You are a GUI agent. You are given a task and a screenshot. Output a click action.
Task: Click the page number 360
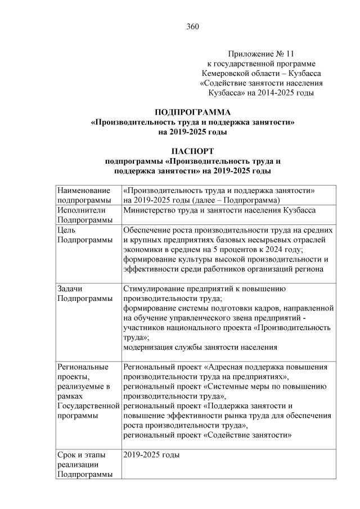click(x=193, y=26)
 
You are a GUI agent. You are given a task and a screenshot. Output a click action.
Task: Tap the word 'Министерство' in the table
click(x=150, y=210)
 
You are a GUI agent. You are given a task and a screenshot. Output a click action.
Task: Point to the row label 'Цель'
click(x=67, y=229)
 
